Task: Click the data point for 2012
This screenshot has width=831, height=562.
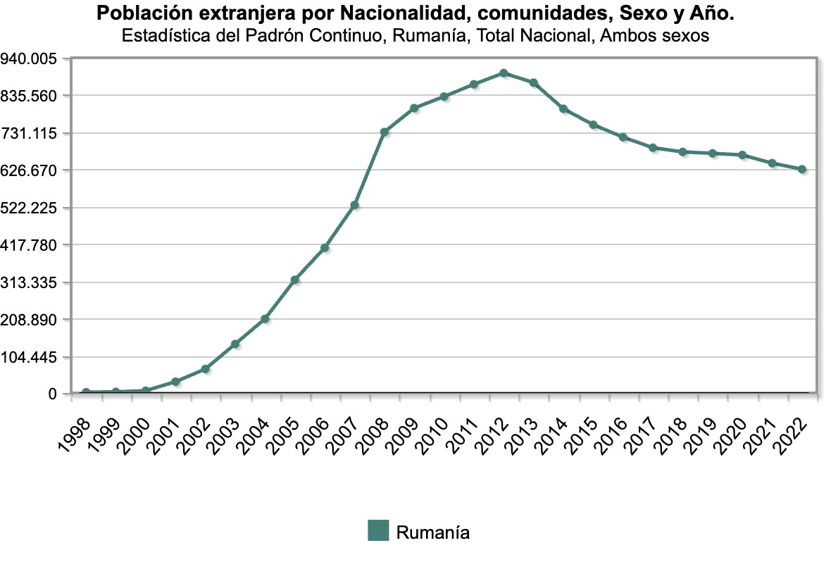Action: (504, 73)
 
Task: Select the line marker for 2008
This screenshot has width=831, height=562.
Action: (385, 132)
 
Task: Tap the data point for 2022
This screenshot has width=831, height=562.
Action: (801, 169)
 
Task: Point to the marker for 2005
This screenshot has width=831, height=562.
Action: (295, 280)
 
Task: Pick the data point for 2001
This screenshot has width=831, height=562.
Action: (175, 382)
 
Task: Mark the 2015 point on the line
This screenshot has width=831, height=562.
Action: (593, 125)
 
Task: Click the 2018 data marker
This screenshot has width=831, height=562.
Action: (682, 152)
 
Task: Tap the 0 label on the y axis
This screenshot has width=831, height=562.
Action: (52, 394)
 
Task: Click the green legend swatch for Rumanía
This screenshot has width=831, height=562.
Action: (378, 531)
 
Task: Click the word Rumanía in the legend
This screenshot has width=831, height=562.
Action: (432, 532)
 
